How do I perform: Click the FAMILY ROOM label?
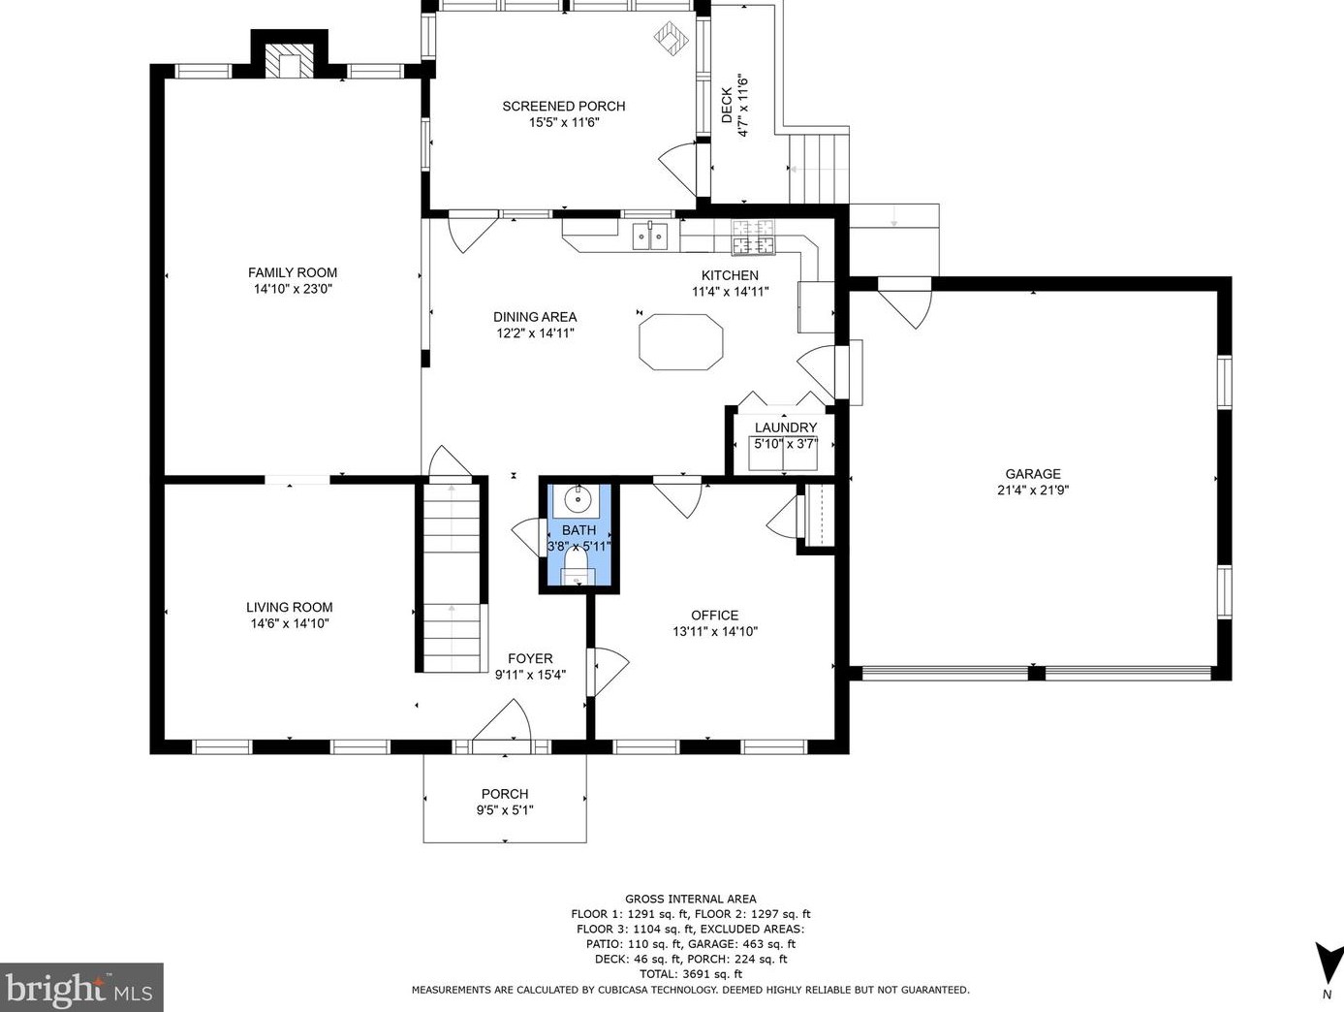tap(292, 272)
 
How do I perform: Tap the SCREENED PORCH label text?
tap(563, 106)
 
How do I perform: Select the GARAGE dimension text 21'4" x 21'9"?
tap(1033, 490)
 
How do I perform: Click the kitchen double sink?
tap(650, 236)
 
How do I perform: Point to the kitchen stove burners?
tap(753, 237)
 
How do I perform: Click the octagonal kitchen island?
tap(681, 342)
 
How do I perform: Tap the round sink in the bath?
tap(577, 499)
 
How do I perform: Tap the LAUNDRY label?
tap(786, 427)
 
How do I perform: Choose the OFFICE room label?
tap(714, 616)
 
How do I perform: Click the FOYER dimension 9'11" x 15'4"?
tap(530, 675)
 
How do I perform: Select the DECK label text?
tap(727, 106)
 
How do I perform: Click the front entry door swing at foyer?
tap(502, 720)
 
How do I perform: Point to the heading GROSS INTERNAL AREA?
tap(691, 899)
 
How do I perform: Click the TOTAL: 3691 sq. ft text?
tap(691, 974)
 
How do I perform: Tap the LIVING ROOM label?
tap(290, 608)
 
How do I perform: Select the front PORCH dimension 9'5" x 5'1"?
tap(505, 810)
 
